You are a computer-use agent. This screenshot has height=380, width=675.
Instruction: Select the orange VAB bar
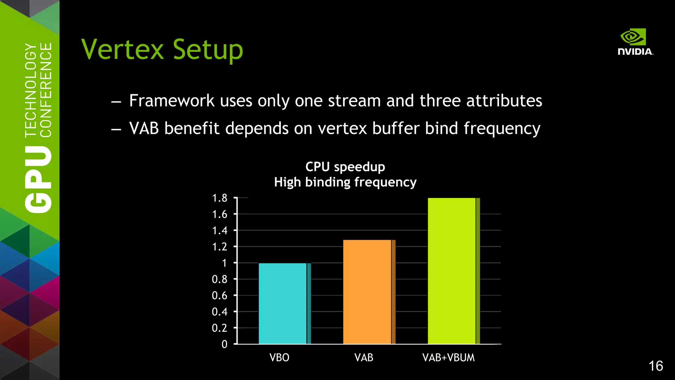click(x=367, y=292)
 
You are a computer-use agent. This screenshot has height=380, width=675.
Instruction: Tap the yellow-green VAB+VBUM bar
click(x=452, y=270)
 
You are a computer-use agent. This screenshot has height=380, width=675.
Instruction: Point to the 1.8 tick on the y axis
click(x=220, y=198)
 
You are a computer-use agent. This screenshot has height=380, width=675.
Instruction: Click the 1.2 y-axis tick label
click(x=220, y=247)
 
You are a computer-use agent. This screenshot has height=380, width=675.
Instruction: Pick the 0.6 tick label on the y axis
click(x=220, y=296)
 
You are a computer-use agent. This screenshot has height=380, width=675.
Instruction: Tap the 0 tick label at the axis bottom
click(x=224, y=344)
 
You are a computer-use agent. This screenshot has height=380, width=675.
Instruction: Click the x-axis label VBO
click(x=279, y=358)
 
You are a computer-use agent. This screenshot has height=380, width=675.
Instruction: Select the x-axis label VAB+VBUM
click(x=449, y=358)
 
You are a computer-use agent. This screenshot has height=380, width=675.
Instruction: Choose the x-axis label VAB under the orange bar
click(x=364, y=358)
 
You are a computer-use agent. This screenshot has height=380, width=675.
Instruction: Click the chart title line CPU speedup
click(x=345, y=167)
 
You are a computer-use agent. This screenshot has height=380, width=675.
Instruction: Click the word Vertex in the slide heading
click(x=123, y=49)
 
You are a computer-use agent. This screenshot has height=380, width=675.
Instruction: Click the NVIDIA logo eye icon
click(x=633, y=37)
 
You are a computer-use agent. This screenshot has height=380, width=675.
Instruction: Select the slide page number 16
click(x=656, y=366)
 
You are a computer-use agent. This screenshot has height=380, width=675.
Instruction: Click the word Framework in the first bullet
click(x=172, y=101)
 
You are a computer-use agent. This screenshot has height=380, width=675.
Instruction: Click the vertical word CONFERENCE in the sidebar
click(x=46, y=90)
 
